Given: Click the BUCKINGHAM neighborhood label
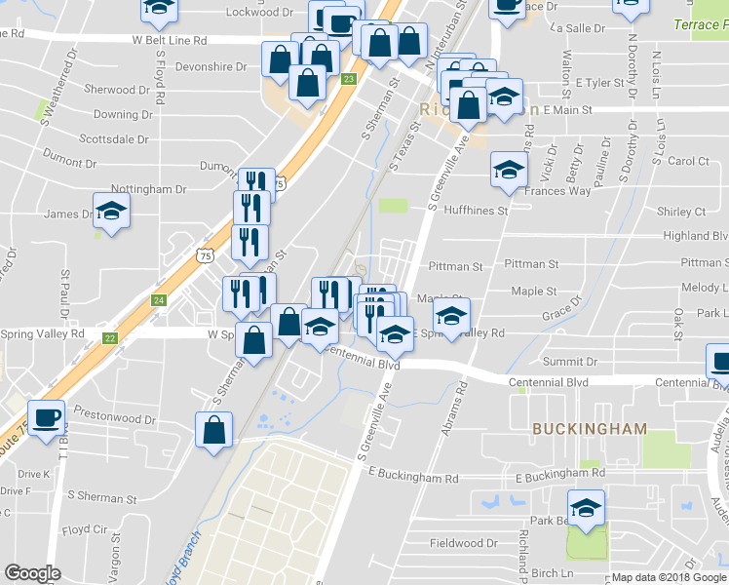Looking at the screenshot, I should pyautogui.click(x=589, y=429).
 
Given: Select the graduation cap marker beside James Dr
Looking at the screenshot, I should pyautogui.click(x=112, y=214).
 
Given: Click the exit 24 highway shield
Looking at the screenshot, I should pyautogui.click(x=159, y=300).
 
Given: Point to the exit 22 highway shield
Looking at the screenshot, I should pyautogui.click(x=110, y=338).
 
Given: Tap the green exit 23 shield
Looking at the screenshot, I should pyautogui.click(x=349, y=78).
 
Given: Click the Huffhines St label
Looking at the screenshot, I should pyautogui.click(x=476, y=210).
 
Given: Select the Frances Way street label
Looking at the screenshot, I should pyautogui.click(x=557, y=191).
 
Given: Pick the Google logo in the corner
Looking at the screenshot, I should pyautogui.click(x=32, y=573).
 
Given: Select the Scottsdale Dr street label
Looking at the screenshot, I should pyautogui.click(x=113, y=138).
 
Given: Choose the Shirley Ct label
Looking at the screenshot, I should pyautogui.click(x=681, y=212).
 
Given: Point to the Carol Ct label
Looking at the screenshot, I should pyautogui.click(x=688, y=161).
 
